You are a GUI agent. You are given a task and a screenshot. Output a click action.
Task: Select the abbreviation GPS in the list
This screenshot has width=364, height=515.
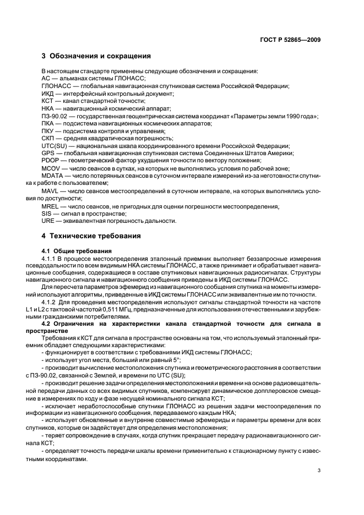[x=48, y=153]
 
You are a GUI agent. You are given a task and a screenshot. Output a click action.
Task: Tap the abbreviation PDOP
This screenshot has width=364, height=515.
[x=50, y=160]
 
